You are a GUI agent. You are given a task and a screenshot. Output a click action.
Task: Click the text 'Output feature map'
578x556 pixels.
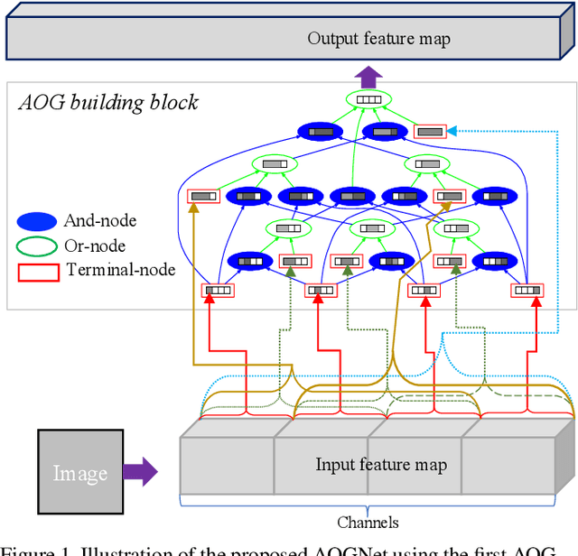tap(378, 38)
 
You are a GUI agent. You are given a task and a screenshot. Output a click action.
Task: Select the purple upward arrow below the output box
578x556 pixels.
tap(368, 78)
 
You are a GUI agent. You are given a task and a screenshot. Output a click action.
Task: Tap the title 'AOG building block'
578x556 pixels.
tap(108, 102)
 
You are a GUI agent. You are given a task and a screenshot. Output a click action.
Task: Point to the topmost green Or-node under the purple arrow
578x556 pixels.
tap(369, 100)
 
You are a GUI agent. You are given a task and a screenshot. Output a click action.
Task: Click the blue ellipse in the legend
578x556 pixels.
tap(37, 220)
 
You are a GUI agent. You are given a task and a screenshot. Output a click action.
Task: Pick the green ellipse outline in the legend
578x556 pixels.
tap(37, 246)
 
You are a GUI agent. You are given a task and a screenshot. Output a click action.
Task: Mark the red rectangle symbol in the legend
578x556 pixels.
tap(37, 270)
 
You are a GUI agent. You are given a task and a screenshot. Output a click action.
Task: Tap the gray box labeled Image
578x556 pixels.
tap(80, 472)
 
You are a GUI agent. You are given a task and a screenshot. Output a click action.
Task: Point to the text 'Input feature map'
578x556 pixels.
tap(380, 465)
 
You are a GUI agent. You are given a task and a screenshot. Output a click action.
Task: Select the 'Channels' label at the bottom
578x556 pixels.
tap(368, 522)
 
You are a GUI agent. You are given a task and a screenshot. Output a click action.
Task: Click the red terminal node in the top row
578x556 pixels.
tap(430, 132)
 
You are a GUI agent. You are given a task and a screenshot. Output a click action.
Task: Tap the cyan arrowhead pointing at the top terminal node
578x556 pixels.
tap(452, 132)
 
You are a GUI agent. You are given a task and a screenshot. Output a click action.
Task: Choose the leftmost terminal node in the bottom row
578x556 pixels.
tap(217, 291)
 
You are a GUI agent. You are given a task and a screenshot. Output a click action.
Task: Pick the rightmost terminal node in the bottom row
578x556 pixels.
tap(527, 291)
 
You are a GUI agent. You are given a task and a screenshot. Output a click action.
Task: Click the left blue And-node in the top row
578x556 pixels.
tap(320, 132)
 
